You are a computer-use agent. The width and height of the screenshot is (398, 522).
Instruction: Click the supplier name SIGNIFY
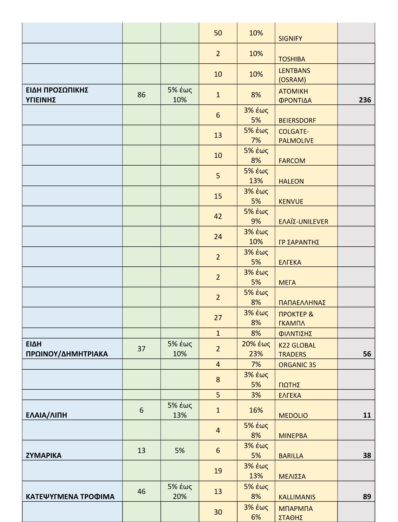290,39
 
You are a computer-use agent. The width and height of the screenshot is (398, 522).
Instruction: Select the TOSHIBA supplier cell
292,59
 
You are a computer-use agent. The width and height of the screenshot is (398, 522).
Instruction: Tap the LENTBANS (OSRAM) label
294,75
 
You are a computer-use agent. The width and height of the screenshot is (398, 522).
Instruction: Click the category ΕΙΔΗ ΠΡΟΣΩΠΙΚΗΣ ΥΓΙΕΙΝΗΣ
57,95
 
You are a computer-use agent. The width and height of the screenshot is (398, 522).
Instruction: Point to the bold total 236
365,100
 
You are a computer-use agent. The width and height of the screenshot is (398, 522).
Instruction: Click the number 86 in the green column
141,95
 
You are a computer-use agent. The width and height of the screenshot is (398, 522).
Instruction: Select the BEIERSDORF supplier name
297,120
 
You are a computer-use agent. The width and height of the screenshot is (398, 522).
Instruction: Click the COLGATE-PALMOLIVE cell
296,136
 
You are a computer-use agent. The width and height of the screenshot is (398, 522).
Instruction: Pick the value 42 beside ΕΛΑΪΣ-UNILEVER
218,216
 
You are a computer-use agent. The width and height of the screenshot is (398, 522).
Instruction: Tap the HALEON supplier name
291,181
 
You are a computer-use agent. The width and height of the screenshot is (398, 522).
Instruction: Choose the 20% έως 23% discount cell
256,349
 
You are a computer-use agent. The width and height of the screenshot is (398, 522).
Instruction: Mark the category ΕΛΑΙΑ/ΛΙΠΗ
46,415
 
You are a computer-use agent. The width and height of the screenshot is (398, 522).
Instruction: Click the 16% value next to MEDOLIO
256,410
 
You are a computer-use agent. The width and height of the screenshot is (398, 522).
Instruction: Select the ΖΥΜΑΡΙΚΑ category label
44,455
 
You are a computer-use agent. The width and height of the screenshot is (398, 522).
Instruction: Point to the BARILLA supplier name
291,456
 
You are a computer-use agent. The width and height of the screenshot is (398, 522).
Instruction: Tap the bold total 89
367,496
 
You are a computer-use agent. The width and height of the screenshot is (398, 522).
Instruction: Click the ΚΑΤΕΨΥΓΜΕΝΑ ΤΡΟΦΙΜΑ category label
70,496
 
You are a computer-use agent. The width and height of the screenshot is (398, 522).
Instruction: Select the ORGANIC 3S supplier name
297,365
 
